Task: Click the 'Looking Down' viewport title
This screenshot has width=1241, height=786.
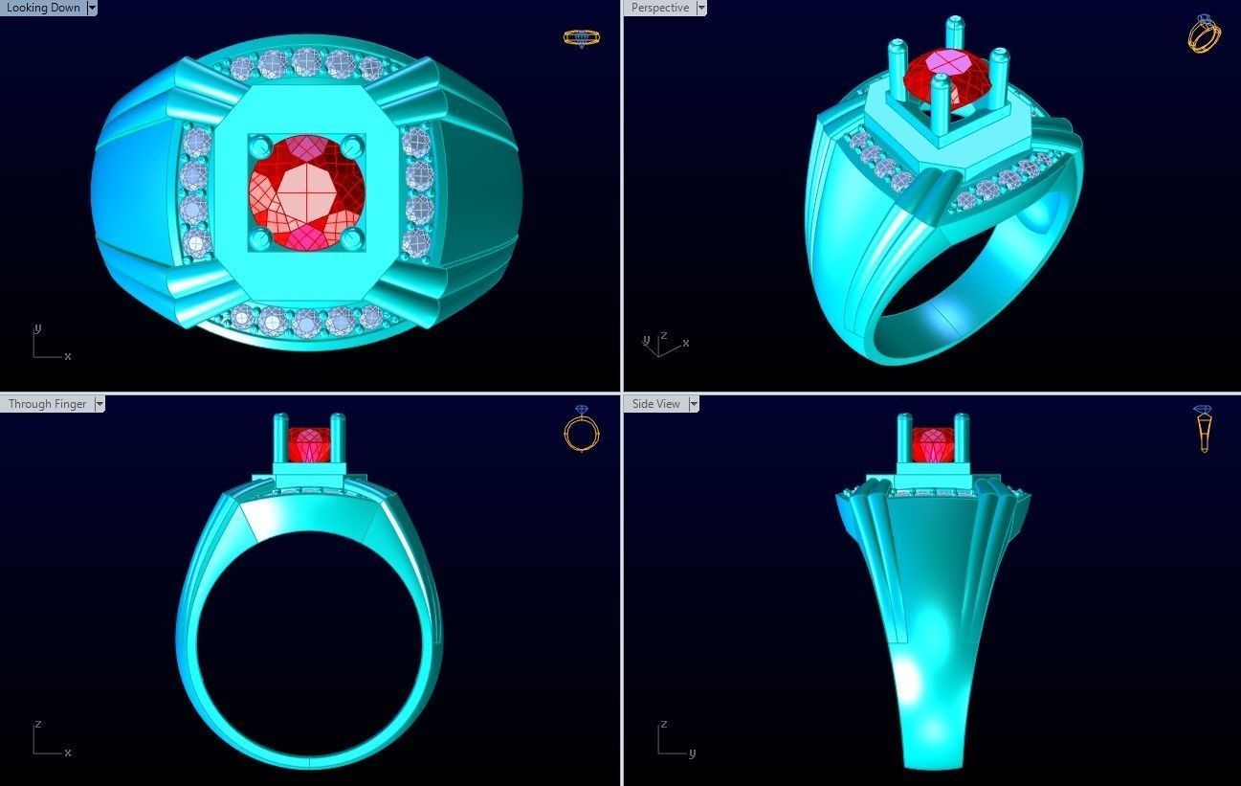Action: [x=43, y=8]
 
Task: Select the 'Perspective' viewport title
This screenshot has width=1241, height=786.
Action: [x=659, y=8]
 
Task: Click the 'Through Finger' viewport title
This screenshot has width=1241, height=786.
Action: [x=47, y=404]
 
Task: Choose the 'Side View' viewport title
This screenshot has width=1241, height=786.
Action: [x=655, y=404]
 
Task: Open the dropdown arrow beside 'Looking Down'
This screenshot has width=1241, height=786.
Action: [x=92, y=8]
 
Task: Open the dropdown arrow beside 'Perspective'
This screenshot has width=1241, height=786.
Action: [x=701, y=8]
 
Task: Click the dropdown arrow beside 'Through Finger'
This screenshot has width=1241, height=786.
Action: [x=99, y=404]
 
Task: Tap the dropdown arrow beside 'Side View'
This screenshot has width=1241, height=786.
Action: [x=693, y=404]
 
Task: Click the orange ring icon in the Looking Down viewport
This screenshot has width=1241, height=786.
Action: [x=581, y=38]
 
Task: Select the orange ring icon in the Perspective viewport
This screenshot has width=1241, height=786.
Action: [x=1204, y=34]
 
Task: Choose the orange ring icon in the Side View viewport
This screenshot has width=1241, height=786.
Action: [x=1204, y=430]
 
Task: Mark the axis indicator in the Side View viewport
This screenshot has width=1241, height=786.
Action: [x=673, y=740]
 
